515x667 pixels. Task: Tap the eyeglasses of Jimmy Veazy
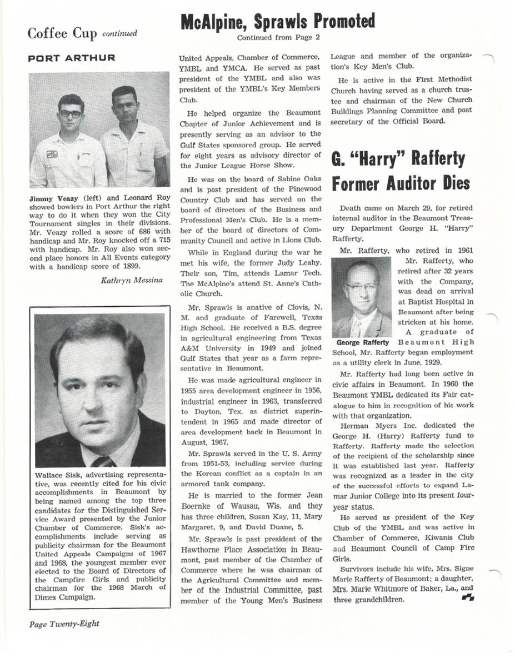coord(71,113)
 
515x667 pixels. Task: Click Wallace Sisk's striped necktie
coord(101,461)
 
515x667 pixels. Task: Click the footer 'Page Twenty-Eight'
coord(64,623)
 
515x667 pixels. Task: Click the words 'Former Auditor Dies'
coord(401,184)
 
